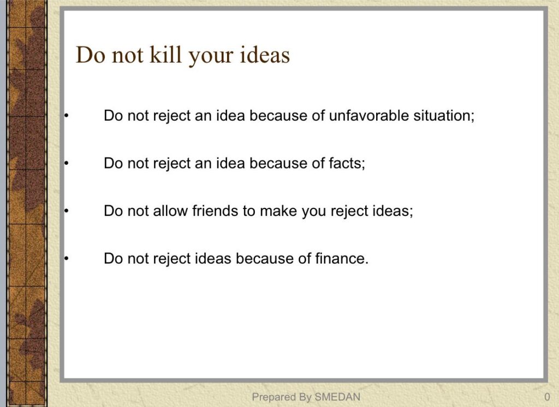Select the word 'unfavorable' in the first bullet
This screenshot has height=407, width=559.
(x=368, y=116)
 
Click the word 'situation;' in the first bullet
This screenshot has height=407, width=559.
(x=444, y=116)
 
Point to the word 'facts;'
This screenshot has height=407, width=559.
(x=347, y=163)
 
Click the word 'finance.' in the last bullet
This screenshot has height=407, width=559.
(x=342, y=259)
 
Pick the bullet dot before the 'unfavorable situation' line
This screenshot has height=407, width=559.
(x=66, y=116)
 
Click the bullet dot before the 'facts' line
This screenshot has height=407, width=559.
(x=66, y=163)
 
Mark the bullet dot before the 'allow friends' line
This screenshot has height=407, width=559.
(x=66, y=211)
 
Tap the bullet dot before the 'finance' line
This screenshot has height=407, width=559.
(x=66, y=259)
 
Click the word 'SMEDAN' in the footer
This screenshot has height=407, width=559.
(x=337, y=397)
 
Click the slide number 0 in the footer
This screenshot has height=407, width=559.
(x=547, y=397)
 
